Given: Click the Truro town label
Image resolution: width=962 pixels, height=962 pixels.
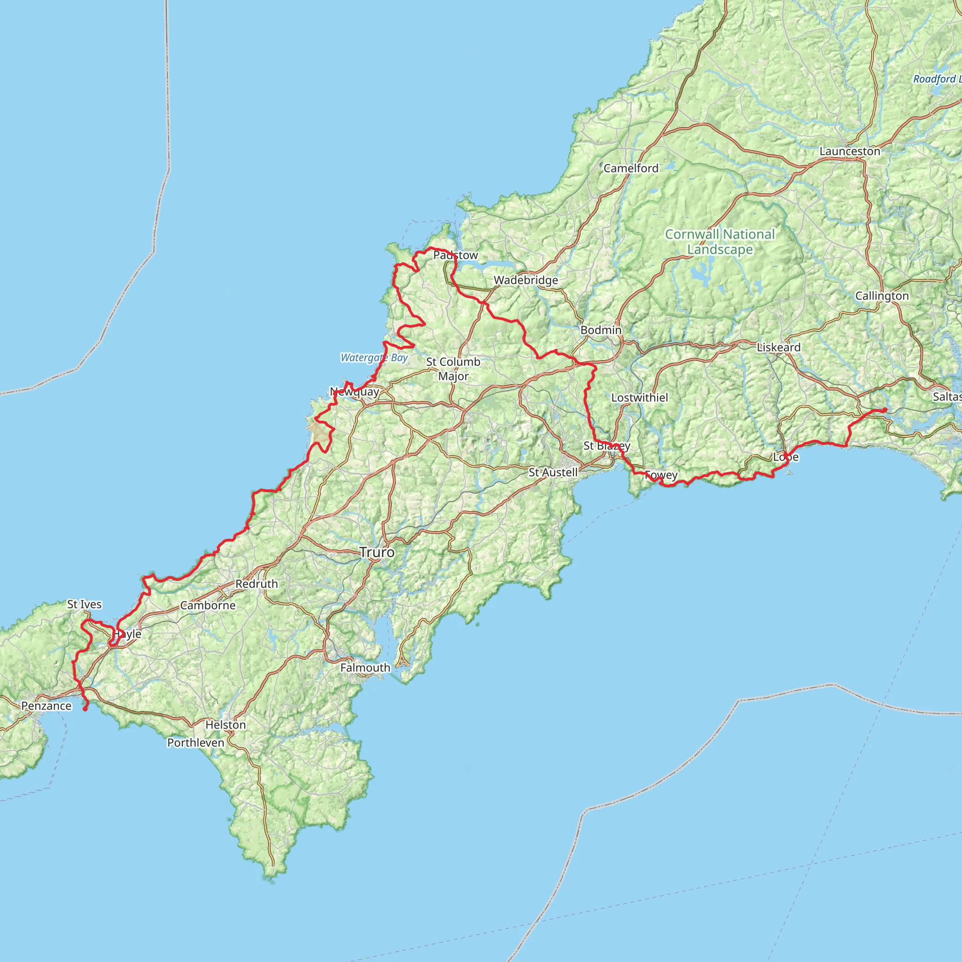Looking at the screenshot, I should [377, 552].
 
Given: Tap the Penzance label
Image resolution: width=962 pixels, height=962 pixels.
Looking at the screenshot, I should [47, 706].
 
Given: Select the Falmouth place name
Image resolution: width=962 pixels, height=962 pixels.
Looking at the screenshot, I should [365, 668].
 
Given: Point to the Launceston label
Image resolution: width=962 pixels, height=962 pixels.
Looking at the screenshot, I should [850, 151].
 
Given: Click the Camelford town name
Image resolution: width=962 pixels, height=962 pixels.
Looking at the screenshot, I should [631, 168].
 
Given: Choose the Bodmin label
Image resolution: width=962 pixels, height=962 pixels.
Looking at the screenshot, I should [601, 330].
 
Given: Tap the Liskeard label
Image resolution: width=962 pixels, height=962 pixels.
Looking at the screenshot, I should [779, 347].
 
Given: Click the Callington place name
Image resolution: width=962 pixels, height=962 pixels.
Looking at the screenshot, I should [882, 296].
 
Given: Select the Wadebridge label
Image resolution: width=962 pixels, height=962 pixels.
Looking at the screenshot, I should [526, 280].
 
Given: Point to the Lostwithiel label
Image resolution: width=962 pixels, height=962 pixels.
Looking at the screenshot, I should [640, 397].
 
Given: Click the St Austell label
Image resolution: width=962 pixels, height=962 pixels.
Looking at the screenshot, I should [553, 472].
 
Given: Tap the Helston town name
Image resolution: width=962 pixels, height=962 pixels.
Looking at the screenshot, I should [225, 724].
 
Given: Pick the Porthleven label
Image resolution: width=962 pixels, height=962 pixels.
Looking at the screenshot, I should [196, 743].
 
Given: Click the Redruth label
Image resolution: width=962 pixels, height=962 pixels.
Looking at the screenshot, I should [256, 583].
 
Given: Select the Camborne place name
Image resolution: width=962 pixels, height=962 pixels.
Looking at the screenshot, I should [208, 605].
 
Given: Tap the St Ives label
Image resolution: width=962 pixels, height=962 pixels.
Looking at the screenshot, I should [85, 604].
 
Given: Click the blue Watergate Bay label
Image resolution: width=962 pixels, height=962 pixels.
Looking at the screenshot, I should [374, 357].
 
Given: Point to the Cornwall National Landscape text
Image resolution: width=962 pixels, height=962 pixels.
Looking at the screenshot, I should [720, 241].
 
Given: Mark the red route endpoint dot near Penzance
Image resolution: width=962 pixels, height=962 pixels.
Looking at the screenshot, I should [85, 709].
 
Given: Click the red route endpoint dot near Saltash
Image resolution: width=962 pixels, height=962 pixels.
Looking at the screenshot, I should [885, 410].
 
